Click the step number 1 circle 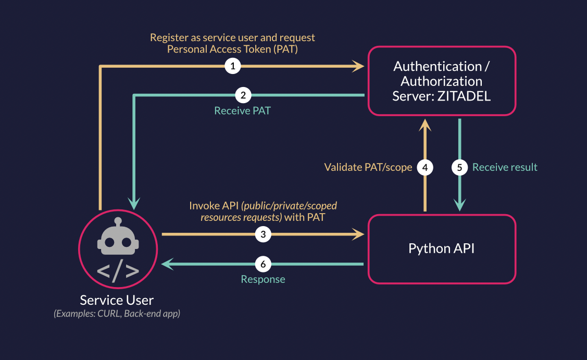pyautogui.click(x=232, y=66)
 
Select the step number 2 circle pyautogui.click(x=243, y=95)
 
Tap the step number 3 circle pyautogui.click(x=263, y=234)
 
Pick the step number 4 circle pyautogui.click(x=426, y=167)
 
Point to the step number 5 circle pyautogui.click(x=460, y=167)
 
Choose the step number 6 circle pyautogui.click(x=263, y=265)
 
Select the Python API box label pyautogui.click(x=441, y=248)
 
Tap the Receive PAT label pyautogui.click(x=242, y=111)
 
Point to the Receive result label pyautogui.click(x=505, y=167)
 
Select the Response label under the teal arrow pyautogui.click(x=263, y=279)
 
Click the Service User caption pyautogui.click(x=117, y=300)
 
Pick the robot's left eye pyautogui.click(x=109, y=243)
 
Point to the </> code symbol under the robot pyautogui.click(x=118, y=271)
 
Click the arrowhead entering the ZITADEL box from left pyautogui.click(x=358, y=66)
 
